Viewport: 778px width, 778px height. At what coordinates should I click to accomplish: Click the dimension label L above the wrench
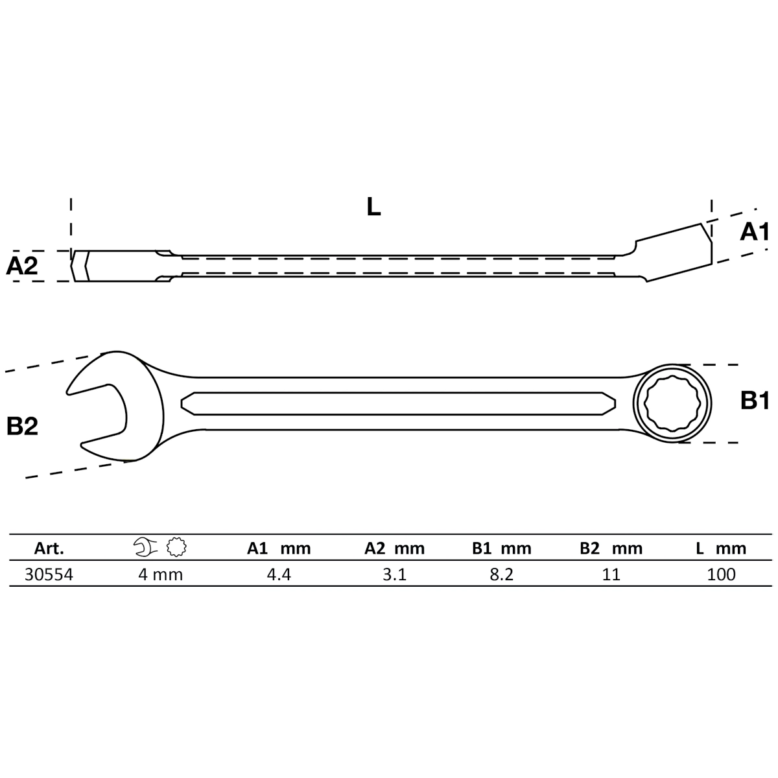pyautogui.click(x=373, y=207)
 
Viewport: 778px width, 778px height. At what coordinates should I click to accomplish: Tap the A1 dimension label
pyautogui.click(x=754, y=232)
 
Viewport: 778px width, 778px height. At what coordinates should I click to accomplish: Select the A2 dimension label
pyautogui.click(x=22, y=266)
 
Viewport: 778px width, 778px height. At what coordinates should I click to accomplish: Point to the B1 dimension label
pyautogui.click(x=755, y=401)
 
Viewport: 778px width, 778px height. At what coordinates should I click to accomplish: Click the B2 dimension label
pyautogui.click(x=22, y=426)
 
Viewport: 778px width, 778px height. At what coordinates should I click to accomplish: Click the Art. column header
pyautogui.click(x=49, y=548)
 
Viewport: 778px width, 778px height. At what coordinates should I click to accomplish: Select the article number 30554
pyautogui.click(x=49, y=574)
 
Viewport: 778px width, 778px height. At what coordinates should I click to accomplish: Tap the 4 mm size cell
pyautogui.click(x=160, y=574)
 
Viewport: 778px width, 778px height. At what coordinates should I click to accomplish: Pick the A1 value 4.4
pyautogui.click(x=279, y=574)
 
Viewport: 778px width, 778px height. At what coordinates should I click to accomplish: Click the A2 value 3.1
pyautogui.click(x=394, y=574)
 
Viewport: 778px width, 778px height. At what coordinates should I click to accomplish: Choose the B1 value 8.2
pyautogui.click(x=501, y=574)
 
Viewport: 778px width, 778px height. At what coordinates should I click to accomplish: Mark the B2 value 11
pyautogui.click(x=611, y=574)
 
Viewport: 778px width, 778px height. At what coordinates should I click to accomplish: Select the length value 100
pyautogui.click(x=721, y=574)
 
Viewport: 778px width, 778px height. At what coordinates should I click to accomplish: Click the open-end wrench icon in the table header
pyautogui.click(x=145, y=547)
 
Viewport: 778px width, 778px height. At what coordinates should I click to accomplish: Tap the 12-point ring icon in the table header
pyautogui.click(x=176, y=547)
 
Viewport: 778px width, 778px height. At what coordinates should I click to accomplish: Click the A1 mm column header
pyautogui.click(x=279, y=548)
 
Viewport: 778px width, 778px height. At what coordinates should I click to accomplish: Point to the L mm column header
pyautogui.click(x=721, y=548)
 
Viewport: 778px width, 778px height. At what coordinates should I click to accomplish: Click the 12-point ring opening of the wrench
pyautogui.click(x=672, y=403)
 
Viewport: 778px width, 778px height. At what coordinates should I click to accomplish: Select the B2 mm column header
pyautogui.click(x=611, y=548)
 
